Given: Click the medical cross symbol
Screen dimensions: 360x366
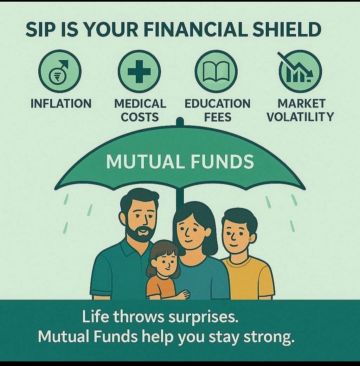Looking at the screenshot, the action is [x=139, y=71].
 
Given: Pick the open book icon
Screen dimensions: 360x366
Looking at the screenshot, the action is [x=216, y=71].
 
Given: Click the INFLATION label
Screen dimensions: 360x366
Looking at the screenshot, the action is [x=61, y=104].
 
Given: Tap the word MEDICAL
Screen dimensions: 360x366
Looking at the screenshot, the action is [x=140, y=104].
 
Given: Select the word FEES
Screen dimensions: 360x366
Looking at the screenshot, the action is [x=218, y=117].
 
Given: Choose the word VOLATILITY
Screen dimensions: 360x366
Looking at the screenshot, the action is [x=300, y=117].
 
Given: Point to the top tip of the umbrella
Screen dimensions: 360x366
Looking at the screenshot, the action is [x=180, y=118].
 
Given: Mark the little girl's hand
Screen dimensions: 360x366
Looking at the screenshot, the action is [x=184, y=295].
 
